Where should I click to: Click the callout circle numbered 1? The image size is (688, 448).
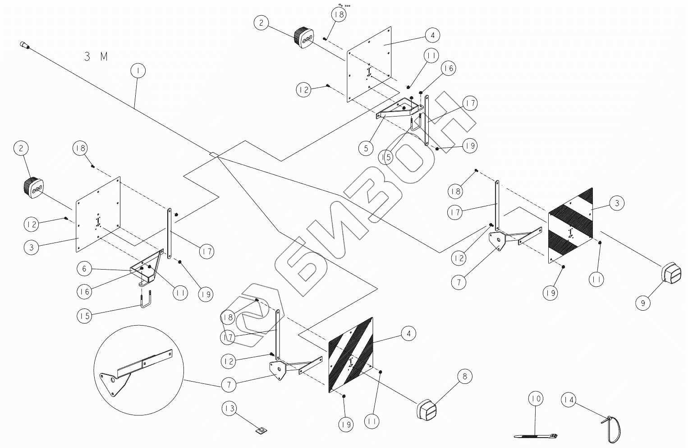coord(138,71)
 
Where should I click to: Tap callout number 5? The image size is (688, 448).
coord(366,149)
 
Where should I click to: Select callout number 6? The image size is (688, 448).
coord(85,269)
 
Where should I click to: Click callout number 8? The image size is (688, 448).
coord(465,377)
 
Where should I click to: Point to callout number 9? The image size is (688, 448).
coord(643,303)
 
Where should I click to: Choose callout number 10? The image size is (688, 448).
coord(536,399)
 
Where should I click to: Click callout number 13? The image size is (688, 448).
coord(229,409)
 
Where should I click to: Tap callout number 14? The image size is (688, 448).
coord(569,400)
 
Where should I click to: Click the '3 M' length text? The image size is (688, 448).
coord(96,56)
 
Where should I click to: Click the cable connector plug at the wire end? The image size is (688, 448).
coord(24,45)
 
